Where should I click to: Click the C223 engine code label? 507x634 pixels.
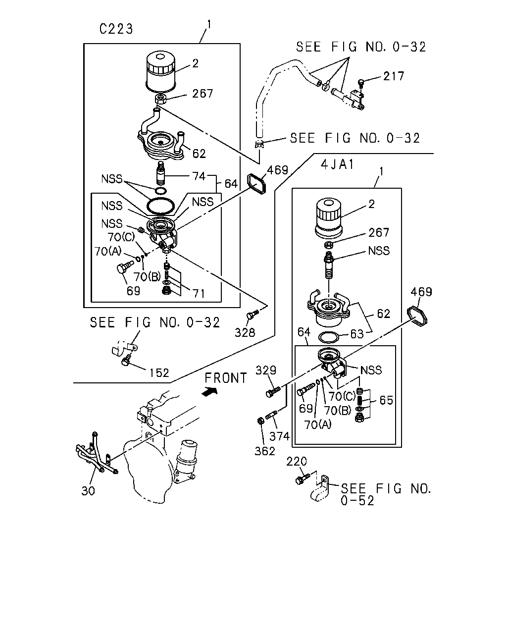coord(116,29)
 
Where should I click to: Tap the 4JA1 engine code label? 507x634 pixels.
coord(337,164)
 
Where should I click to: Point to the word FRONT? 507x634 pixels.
coord(226,378)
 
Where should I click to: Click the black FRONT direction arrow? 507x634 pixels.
coord(210,391)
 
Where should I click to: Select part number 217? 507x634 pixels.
coord(393,76)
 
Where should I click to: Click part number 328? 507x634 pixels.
coord(245,333)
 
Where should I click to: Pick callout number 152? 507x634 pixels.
coord(159,372)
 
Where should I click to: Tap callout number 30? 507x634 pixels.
coord(88,490)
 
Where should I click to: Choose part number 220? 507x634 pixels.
coord(297,461)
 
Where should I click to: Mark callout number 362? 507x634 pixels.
coord(264,451)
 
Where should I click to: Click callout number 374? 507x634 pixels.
coord(279,436)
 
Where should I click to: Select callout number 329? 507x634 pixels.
coord(266,370)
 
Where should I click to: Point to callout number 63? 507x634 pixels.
coord(357,334)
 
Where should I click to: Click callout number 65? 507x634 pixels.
coord(386,400)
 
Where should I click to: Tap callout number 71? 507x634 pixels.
coord(198,293)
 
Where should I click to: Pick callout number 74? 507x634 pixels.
coord(199,176)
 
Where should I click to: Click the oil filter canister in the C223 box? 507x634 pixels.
coord(160,70)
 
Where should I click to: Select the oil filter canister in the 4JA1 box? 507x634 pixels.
coord(329,218)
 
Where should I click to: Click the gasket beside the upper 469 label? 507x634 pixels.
coord(256,184)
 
